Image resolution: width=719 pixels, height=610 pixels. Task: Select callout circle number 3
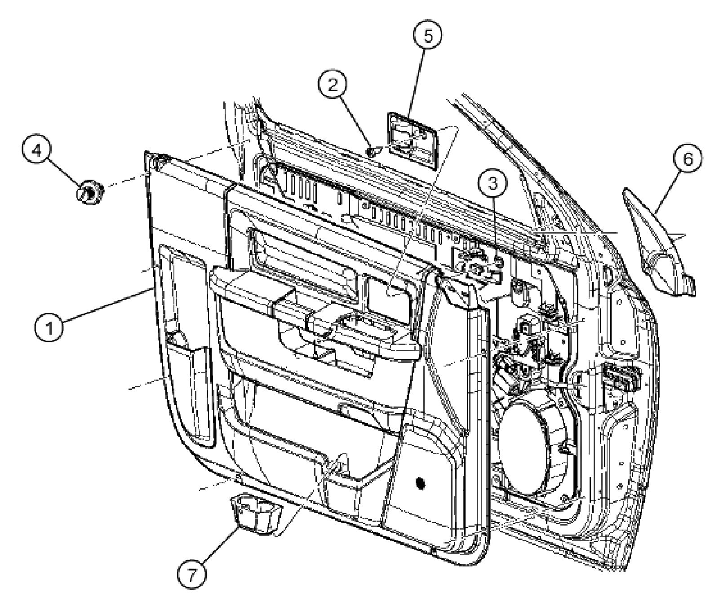[494, 183]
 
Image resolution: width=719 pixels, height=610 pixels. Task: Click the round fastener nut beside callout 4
[89, 193]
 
